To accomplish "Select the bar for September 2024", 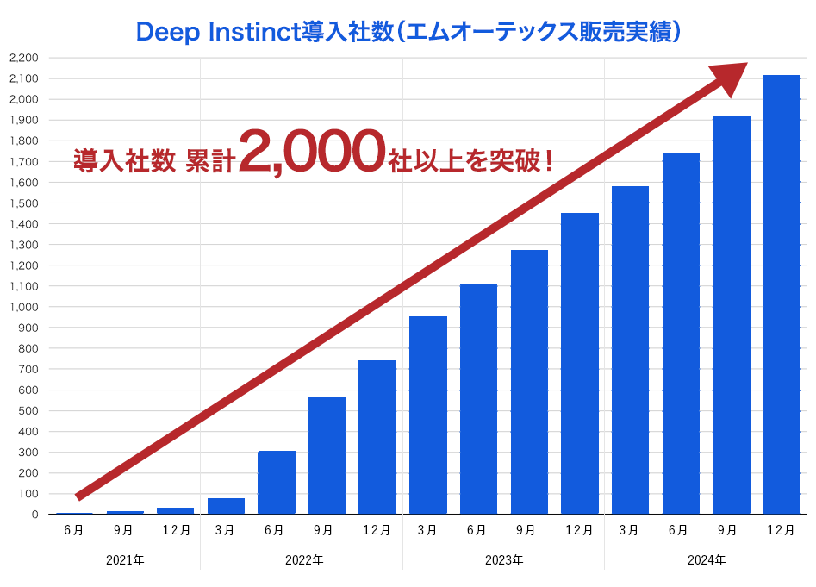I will click(731, 315).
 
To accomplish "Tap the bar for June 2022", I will click(277, 483).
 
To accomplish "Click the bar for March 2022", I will click(226, 506).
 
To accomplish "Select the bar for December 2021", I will click(175, 510).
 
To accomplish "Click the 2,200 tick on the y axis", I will click(23, 58).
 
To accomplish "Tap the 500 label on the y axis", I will click(28, 411).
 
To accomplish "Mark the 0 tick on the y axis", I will click(34, 515).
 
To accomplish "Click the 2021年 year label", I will click(125, 560).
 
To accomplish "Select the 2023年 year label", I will click(504, 560).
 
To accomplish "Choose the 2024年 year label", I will click(707, 560).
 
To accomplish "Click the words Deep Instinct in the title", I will click(215, 32).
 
